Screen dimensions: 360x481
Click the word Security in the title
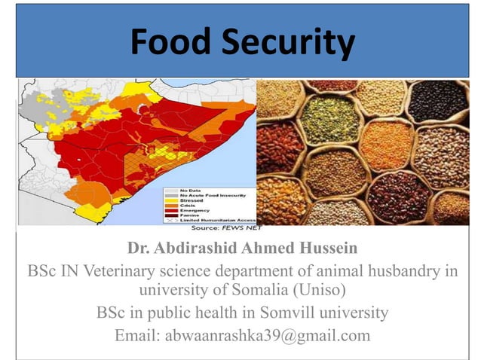pos(287,42)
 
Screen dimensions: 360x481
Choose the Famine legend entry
pos(189,215)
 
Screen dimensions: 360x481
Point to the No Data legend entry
pos(191,189)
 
